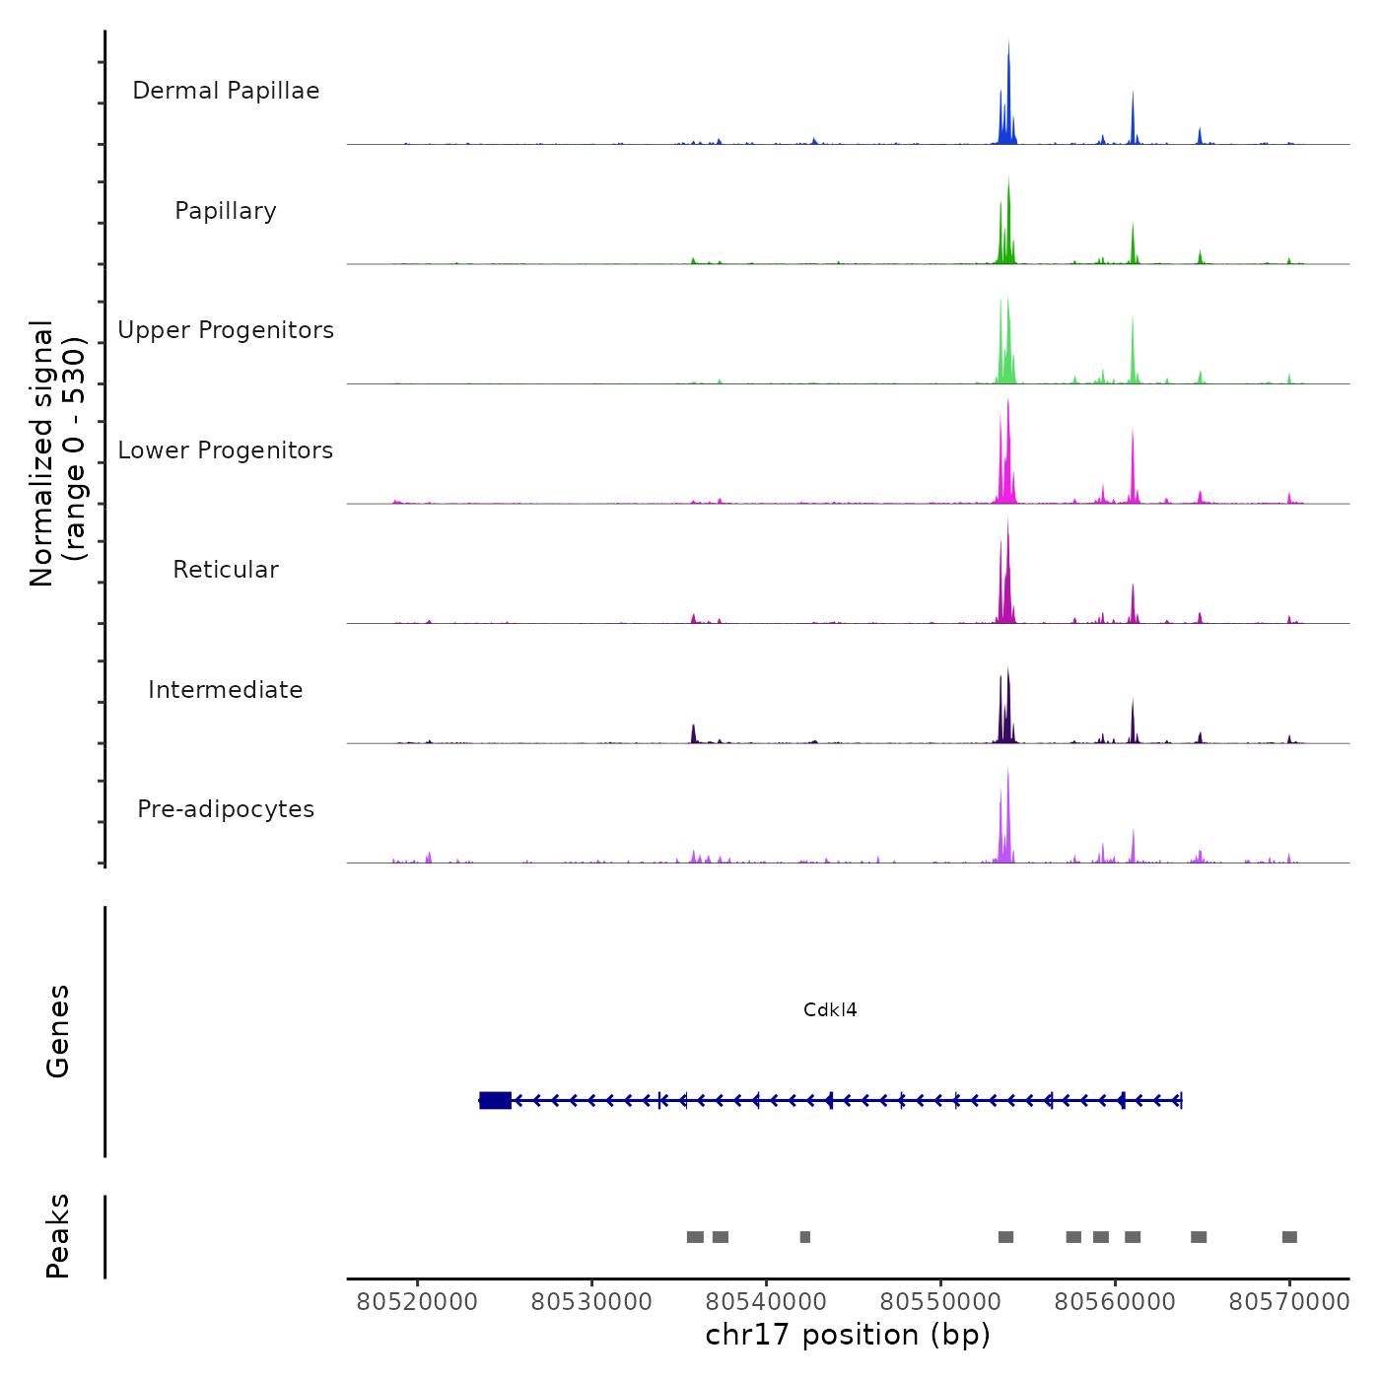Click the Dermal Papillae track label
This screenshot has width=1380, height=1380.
tap(226, 91)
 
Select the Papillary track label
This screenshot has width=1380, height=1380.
tap(226, 211)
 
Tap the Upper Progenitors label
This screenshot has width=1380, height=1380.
tap(226, 330)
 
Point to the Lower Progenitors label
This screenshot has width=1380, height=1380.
tap(226, 450)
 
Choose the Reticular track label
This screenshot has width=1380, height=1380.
tap(226, 570)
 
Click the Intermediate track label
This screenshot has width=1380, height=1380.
tap(226, 690)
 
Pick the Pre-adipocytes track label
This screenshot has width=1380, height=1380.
tap(226, 809)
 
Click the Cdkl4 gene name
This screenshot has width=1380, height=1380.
tap(830, 1009)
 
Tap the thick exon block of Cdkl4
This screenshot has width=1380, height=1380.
tap(495, 1100)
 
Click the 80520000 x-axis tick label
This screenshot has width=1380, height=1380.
tap(417, 1302)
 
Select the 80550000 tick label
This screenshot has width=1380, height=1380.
tap(940, 1302)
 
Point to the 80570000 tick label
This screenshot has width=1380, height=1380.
tap(1289, 1302)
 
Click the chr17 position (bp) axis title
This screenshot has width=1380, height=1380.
tap(848, 1335)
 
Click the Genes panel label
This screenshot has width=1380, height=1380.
tap(58, 1031)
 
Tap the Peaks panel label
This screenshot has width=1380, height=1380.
tap(58, 1236)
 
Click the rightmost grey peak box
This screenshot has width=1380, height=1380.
tap(1289, 1237)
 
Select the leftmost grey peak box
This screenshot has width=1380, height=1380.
tap(695, 1237)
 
